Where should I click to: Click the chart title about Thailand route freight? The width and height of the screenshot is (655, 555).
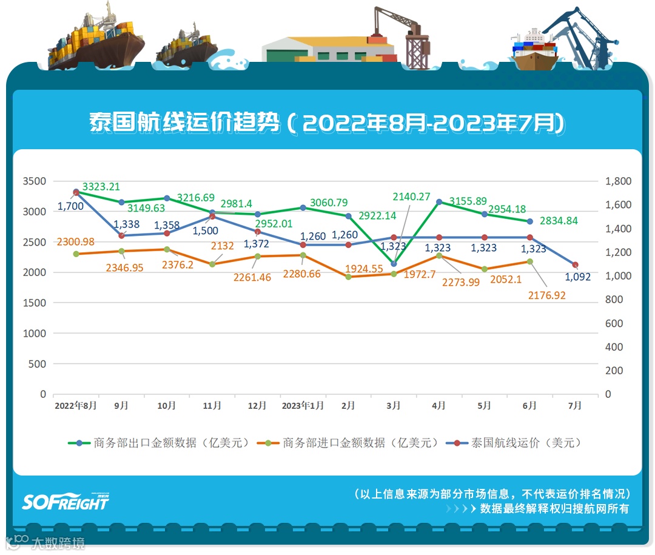tap(327, 123)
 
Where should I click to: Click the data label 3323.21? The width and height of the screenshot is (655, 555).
tap(101, 187)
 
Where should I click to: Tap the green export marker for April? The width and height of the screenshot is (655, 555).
tap(439, 201)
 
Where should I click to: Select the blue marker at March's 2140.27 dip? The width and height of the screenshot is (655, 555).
tap(394, 264)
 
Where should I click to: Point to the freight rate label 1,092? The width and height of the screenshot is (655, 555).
tap(577, 277)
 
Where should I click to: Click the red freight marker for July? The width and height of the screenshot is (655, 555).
tap(575, 265)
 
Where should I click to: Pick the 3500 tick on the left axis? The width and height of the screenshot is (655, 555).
tap(34, 181)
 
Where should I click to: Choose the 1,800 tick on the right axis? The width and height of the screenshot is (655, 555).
tap(618, 181)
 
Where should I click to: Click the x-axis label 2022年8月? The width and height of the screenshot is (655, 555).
tap(75, 406)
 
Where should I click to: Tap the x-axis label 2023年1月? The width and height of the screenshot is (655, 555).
tap(303, 406)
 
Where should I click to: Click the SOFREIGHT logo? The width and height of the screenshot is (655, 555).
tap(65, 501)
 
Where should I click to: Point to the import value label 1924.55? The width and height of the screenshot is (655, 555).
tap(364, 268)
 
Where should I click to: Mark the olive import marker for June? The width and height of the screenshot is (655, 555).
tap(529, 261)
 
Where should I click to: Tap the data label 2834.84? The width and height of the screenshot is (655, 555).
tap(558, 221)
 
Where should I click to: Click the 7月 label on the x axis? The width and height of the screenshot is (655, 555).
tap(575, 406)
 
